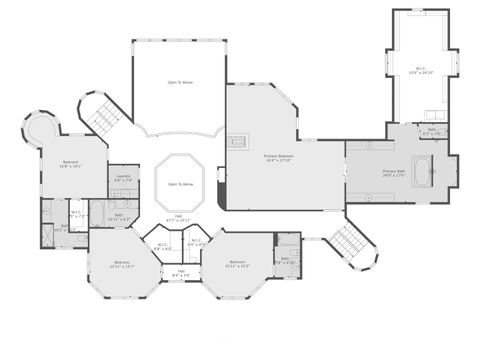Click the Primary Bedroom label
pos(279,159)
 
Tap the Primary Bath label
pos(396,173)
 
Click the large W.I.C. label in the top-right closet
pos(421,71)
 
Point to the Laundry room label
pos(123,179)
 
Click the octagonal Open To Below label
pos(181,184)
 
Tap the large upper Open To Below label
pos(181,82)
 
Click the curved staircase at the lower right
pos(349,242)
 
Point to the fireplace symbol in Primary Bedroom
pos(239,141)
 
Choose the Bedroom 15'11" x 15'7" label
pos(123,265)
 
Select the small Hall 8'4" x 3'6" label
pos(181,272)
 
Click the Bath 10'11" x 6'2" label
pos(119,216)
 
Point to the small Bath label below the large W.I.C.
pos(432,131)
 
